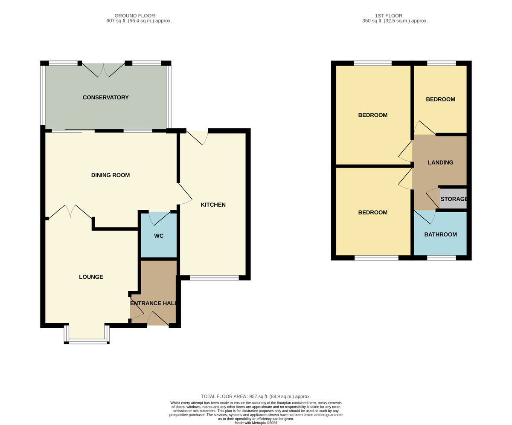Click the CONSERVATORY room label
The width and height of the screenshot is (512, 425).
pyautogui.click(x=105, y=98)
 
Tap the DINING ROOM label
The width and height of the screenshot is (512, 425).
pyautogui.click(x=111, y=175)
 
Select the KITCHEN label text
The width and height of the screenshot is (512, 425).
pyautogui.click(x=213, y=205)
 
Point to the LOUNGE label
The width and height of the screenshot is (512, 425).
pyautogui.click(x=91, y=277)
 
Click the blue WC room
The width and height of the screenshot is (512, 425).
pyautogui.click(x=159, y=235)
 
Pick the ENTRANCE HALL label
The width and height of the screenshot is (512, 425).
pyautogui.click(x=153, y=304)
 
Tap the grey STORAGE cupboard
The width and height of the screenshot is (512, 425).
pyautogui.click(x=453, y=199)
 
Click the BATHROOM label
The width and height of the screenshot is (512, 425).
pyautogui.click(x=440, y=235)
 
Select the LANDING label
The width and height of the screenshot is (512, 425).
pyautogui.click(x=440, y=162)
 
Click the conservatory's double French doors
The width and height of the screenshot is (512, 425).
pyautogui.click(x=104, y=70)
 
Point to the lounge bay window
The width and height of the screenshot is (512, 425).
pyautogui.click(x=87, y=335)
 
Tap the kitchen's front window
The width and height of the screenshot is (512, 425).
pyautogui.click(x=214, y=278)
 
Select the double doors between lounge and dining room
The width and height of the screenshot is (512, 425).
pyautogui.click(x=70, y=212)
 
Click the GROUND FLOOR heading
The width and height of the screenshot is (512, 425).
pyautogui.click(x=135, y=16)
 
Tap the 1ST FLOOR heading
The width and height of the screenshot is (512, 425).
pyautogui.click(x=388, y=16)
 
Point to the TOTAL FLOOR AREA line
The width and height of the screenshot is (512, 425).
pyautogui.click(x=256, y=396)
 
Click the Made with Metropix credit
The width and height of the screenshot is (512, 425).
pyautogui.click(x=256, y=423)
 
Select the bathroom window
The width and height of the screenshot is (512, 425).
pyautogui.click(x=441, y=258)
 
